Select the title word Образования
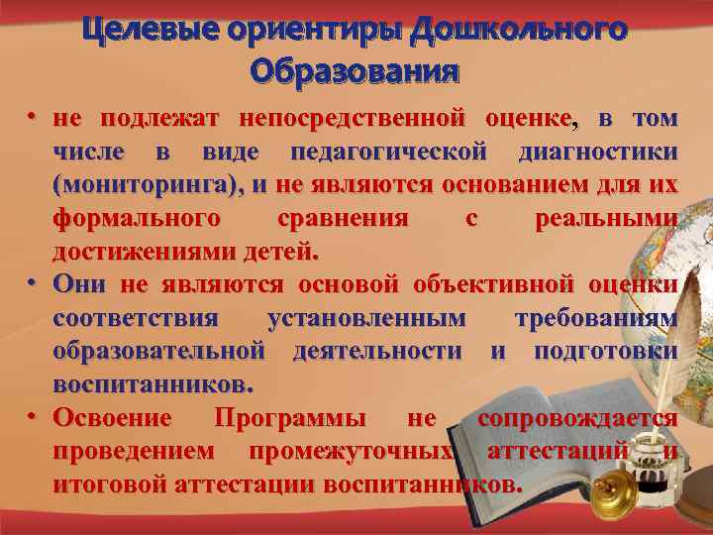click(x=356, y=72)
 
